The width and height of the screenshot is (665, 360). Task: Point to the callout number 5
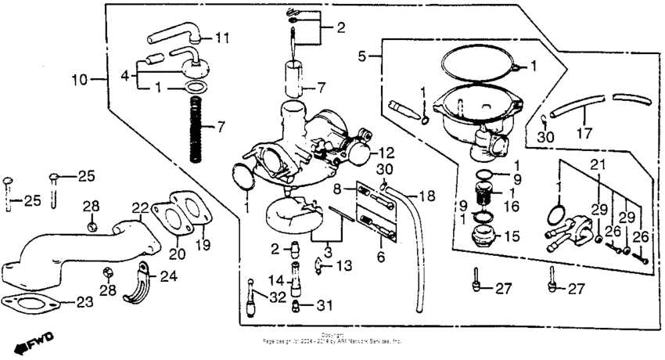[362, 56]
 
